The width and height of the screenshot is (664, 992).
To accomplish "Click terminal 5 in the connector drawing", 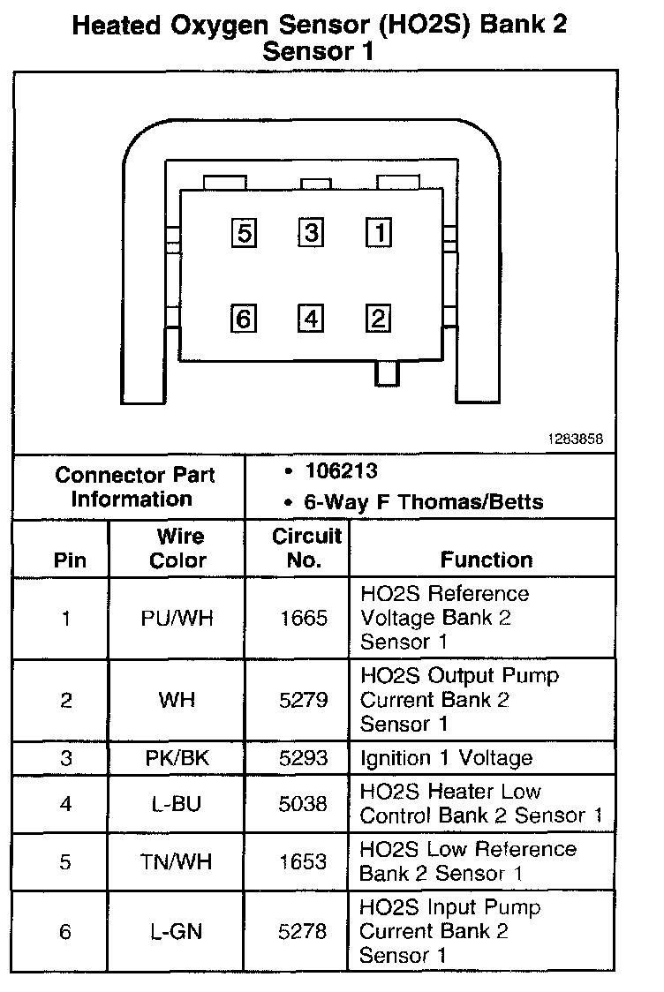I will [244, 233].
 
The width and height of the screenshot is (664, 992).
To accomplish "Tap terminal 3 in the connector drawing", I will [311, 233].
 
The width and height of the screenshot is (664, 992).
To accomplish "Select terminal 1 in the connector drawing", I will [379, 233].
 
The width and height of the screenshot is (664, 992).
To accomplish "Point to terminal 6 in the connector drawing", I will [244, 318].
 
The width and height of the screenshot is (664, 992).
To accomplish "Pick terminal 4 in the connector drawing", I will [311, 318].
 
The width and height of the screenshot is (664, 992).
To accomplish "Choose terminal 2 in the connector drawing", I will [379, 318].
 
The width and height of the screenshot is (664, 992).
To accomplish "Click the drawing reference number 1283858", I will [580, 439].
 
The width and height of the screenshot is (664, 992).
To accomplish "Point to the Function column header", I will [487, 560].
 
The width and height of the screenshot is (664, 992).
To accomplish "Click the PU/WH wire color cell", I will [177, 618].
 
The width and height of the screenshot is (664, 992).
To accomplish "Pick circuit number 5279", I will [303, 700].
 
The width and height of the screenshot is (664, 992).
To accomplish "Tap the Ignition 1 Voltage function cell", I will [446, 757].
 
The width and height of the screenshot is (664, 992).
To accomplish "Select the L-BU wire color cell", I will [177, 804].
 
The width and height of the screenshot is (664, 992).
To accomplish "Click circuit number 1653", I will [303, 861].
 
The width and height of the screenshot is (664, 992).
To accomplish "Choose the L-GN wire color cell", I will [177, 931].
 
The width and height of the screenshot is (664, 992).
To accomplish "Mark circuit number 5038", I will [303, 804].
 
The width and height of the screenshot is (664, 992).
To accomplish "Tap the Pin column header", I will [71, 560].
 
